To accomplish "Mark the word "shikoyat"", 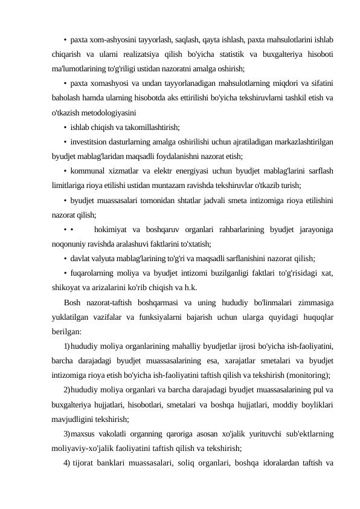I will pyautogui.click(x=68, y=288).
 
